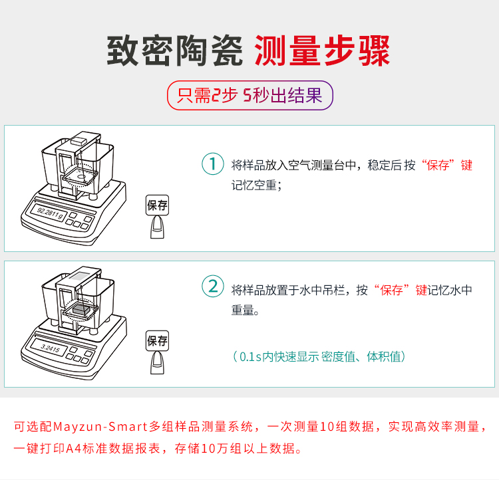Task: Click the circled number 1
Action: coord(213,164)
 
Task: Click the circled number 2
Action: coord(213,286)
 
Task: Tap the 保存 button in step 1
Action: coord(157,205)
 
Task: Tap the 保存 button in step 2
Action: coord(157,340)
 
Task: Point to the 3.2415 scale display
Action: coord(49,348)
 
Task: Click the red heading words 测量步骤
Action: coord(323,51)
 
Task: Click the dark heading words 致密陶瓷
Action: coord(175,51)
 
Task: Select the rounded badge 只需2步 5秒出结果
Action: coord(249,96)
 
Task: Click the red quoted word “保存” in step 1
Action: coord(440,166)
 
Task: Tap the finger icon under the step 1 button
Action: coord(157,227)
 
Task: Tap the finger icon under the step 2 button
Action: coord(157,362)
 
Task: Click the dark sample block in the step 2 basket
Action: coord(81,308)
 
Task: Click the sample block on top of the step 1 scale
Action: coord(79,140)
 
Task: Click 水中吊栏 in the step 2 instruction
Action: coord(322,290)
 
